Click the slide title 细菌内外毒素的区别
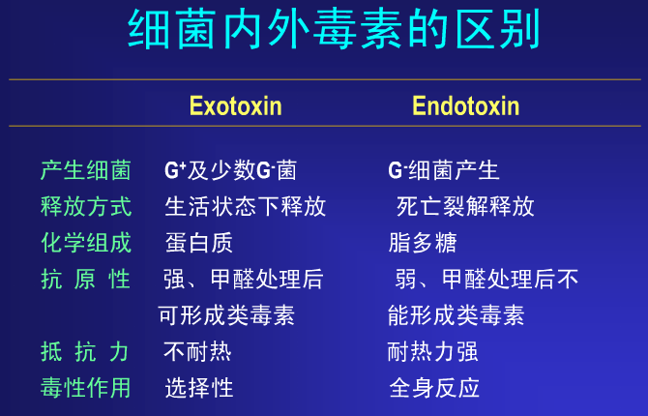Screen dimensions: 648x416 (334, 30)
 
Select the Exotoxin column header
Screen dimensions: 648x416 (236, 105)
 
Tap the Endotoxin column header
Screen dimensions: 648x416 (466, 105)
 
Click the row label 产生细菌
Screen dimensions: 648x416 (86, 170)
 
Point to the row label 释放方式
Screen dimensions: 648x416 (86, 206)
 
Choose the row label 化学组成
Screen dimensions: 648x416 (86, 243)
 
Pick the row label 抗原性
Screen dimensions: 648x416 (86, 280)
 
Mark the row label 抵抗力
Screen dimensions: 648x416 (85, 352)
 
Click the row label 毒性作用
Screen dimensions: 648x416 (85, 388)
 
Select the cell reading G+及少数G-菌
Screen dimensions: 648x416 (230, 170)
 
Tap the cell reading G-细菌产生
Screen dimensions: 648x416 (443, 170)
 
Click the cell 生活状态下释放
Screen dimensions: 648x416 (246, 206)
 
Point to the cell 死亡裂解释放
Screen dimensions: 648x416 (465, 206)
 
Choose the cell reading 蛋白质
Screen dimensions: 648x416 (199, 243)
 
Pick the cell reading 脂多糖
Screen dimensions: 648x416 (423, 243)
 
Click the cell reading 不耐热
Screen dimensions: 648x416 (197, 352)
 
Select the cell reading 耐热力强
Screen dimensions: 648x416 (432, 352)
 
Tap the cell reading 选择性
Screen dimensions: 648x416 (199, 388)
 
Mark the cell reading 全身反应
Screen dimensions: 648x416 (434, 388)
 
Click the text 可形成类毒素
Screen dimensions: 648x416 (226, 315)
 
